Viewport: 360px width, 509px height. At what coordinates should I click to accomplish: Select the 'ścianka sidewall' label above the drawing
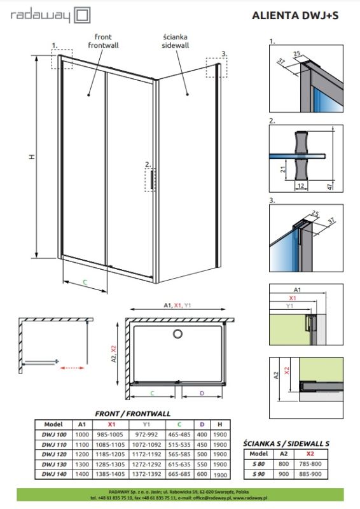170,41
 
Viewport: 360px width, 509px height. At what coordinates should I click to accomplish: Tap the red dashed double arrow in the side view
76,367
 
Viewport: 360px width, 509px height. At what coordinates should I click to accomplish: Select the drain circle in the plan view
178,332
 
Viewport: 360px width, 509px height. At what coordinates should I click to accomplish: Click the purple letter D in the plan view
202,393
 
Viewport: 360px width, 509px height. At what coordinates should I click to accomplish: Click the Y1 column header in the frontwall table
146,424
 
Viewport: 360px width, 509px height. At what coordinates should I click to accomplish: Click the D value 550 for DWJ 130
202,465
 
